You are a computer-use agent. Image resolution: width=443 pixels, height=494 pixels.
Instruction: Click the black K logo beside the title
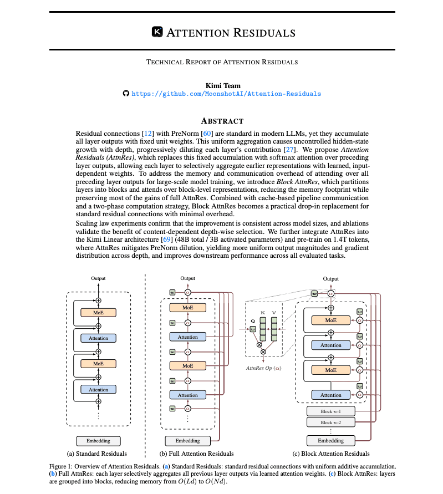[x=157, y=32]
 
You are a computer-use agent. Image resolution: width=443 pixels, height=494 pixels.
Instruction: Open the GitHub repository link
[x=226, y=94]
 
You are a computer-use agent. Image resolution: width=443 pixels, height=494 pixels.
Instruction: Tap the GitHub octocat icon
[x=126, y=94]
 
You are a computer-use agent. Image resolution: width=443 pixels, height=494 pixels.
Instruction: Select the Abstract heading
[x=222, y=121]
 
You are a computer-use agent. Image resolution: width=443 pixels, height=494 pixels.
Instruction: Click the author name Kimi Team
[x=222, y=85]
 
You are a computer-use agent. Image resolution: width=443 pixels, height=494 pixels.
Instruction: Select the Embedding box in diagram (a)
[x=98, y=441]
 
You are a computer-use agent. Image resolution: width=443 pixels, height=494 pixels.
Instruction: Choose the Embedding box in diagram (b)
[x=187, y=441]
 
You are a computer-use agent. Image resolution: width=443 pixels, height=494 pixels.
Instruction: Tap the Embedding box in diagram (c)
[x=330, y=441]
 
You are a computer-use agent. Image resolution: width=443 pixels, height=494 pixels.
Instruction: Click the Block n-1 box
[x=330, y=411]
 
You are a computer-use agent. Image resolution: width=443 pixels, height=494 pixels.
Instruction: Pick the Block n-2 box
[x=330, y=422]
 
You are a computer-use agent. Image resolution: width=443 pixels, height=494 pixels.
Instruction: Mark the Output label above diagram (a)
[x=98, y=278]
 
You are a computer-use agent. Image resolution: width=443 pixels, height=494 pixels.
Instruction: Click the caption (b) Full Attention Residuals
[x=188, y=454]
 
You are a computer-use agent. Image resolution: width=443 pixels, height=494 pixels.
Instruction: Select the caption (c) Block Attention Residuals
[x=331, y=454]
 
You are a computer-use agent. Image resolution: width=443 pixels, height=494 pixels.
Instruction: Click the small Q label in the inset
[x=253, y=320]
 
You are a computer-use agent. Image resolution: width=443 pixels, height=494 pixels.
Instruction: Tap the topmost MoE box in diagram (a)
[x=98, y=313]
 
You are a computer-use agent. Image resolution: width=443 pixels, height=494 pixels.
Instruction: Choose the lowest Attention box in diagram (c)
[x=331, y=395]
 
